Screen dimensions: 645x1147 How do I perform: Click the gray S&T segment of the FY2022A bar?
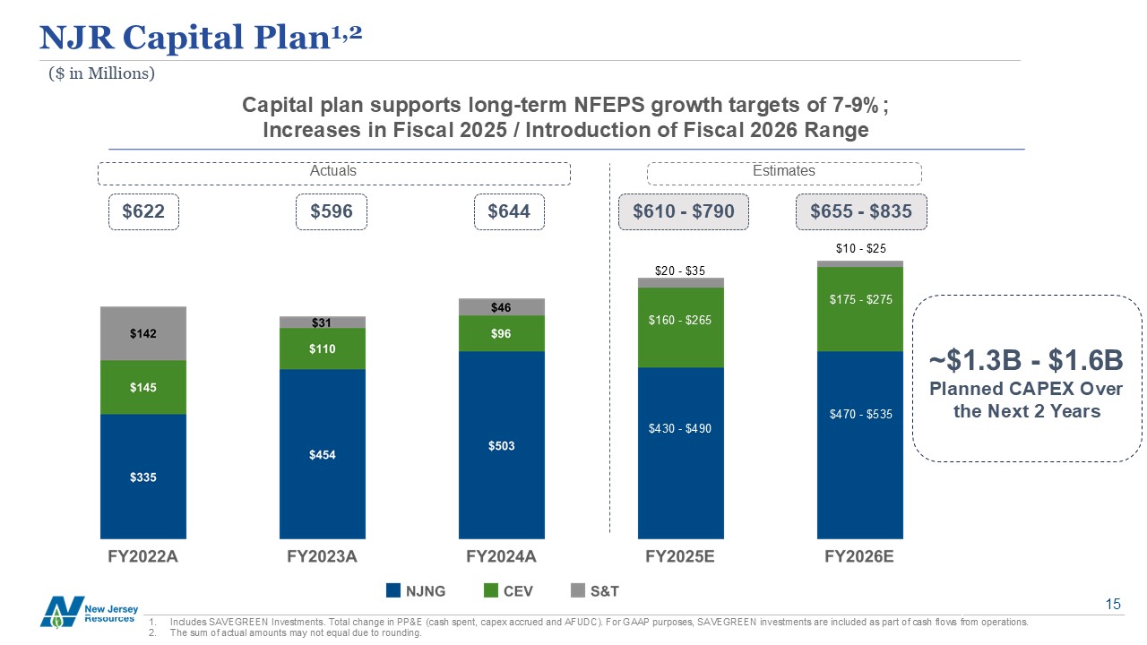(x=143, y=333)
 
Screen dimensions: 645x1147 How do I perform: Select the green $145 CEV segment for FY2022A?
(x=143, y=387)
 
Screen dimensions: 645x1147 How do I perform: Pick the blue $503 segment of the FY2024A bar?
(x=502, y=444)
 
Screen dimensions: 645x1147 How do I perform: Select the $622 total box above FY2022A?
(x=143, y=212)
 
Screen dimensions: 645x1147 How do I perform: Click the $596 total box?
(x=331, y=212)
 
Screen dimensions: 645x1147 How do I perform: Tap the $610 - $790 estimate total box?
(x=683, y=212)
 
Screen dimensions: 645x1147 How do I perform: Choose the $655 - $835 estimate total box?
(x=860, y=212)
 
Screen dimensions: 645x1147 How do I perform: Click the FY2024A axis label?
(x=502, y=556)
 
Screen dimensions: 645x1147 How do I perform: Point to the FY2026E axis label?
(x=859, y=556)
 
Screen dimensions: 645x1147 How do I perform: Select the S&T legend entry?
(x=595, y=591)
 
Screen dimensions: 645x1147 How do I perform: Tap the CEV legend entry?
(x=510, y=591)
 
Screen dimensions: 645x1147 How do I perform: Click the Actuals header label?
(x=332, y=171)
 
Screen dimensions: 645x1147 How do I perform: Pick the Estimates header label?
(x=784, y=171)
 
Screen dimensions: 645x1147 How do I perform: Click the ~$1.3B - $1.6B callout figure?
(x=1026, y=360)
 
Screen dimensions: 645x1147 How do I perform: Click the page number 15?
(x=1113, y=606)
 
